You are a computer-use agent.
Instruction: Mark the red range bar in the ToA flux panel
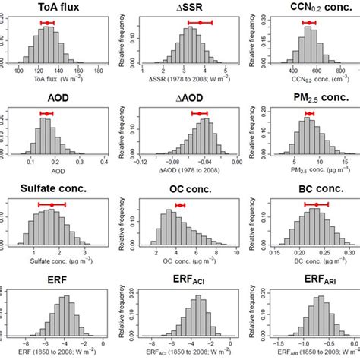pos(47,23)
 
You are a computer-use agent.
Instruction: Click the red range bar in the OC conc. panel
pos(180,205)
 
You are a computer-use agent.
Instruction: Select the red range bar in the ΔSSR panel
pos(200,23)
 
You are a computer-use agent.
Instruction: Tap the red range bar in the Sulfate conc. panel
pos(52,205)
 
